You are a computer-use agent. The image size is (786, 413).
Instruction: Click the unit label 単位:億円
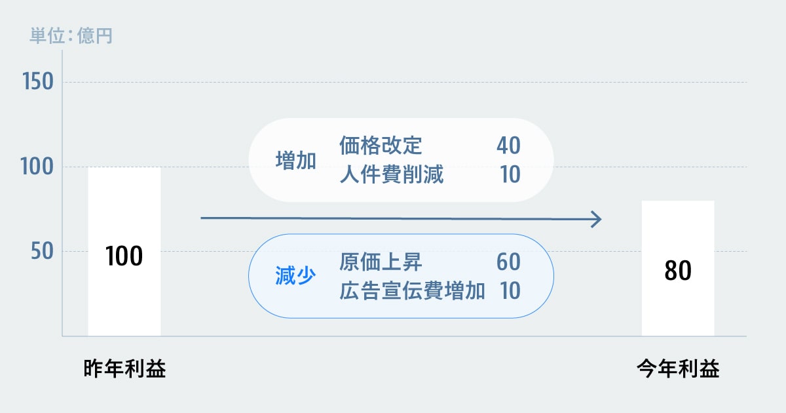(x=71, y=35)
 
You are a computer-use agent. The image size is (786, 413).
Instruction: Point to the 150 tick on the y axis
(x=38, y=81)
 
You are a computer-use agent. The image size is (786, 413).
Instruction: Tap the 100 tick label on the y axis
(x=37, y=166)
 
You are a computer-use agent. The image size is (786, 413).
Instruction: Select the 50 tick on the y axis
(x=42, y=251)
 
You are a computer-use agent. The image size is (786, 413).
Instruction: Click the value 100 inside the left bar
(x=124, y=256)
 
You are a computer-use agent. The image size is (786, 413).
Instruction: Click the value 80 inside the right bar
(x=678, y=270)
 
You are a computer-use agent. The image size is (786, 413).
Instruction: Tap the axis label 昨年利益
(x=124, y=368)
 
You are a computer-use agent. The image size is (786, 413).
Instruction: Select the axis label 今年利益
(x=678, y=368)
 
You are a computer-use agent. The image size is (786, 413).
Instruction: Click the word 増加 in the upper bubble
(x=296, y=161)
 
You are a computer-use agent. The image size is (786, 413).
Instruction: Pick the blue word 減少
(x=295, y=275)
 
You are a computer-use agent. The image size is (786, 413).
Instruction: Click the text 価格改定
(x=381, y=146)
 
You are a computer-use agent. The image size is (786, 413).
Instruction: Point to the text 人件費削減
(x=391, y=174)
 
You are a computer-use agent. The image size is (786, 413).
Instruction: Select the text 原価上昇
(x=381, y=262)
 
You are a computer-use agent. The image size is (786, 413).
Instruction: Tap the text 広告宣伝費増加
(x=412, y=290)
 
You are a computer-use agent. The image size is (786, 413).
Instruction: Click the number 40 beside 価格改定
(x=508, y=146)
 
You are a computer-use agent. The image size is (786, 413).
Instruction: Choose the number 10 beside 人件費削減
(x=510, y=174)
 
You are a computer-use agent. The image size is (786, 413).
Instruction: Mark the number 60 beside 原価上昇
(x=508, y=262)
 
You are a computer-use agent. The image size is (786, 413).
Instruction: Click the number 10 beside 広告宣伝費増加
(x=510, y=290)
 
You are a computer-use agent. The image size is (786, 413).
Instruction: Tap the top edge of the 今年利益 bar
(x=678, y=201)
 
